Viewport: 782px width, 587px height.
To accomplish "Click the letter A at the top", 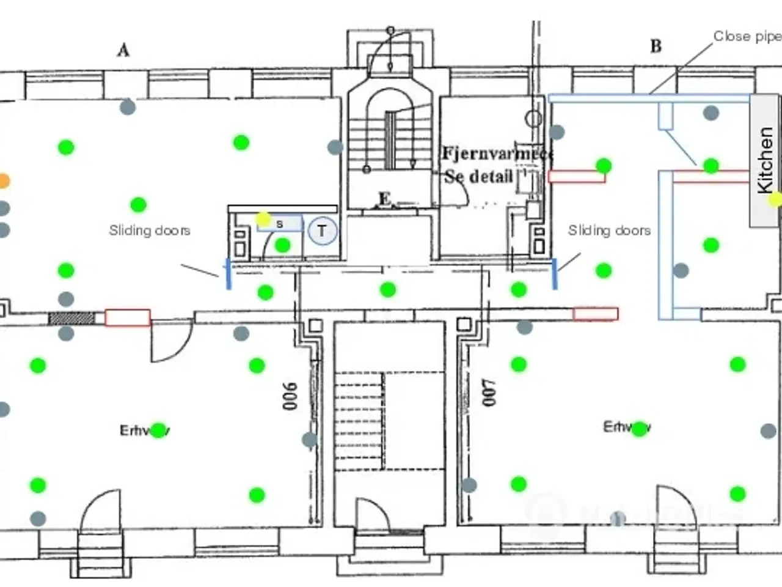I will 123,50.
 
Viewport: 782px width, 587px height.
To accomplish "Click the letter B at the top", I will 656,46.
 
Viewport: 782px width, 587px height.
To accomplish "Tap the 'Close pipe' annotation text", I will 747,37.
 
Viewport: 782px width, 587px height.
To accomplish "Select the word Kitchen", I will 765,160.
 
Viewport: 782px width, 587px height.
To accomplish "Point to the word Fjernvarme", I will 497,153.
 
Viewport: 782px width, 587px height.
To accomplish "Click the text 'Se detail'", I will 478,177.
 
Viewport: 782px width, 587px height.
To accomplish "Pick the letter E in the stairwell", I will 384,199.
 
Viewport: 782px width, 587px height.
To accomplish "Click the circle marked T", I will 322,231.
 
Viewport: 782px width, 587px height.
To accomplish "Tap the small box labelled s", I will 280,224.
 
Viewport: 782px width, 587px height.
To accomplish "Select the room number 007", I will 489,393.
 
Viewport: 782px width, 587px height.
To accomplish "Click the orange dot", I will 3,180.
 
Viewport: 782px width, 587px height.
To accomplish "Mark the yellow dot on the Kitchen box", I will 775,199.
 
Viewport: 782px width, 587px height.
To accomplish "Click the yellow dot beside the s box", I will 263,219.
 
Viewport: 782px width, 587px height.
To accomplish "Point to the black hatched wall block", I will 71,318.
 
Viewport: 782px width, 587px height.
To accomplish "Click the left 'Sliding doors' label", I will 150,231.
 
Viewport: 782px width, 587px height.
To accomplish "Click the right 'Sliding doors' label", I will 609,231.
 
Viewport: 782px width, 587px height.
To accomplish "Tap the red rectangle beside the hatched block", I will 127,318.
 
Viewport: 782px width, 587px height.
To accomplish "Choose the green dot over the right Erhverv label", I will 639,429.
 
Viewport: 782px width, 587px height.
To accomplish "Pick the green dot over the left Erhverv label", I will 158,430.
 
